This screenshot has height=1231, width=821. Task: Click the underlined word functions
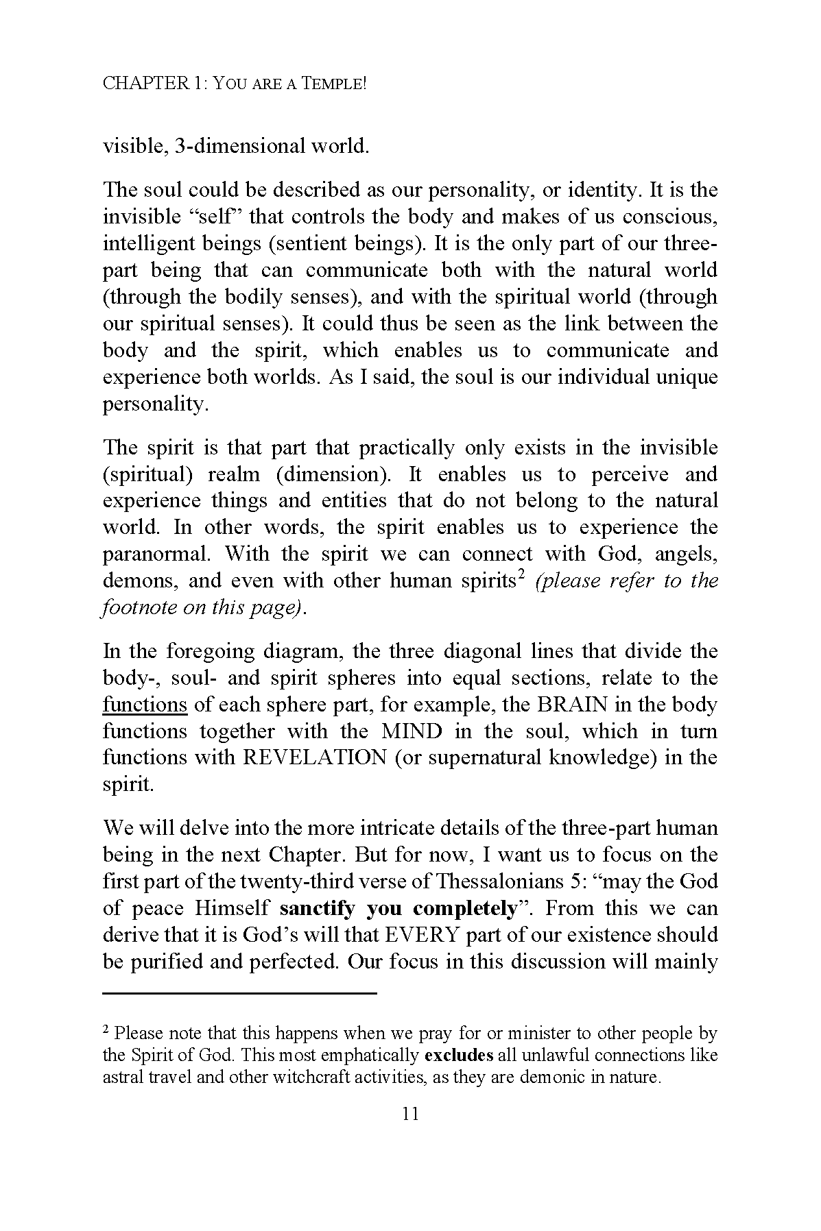(x=145, y=705)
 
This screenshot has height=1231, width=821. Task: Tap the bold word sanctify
(x=318, y=909)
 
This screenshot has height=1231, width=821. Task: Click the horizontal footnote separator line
(x=240, y=993)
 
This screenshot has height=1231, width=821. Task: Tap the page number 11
(x=410, y=1114)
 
